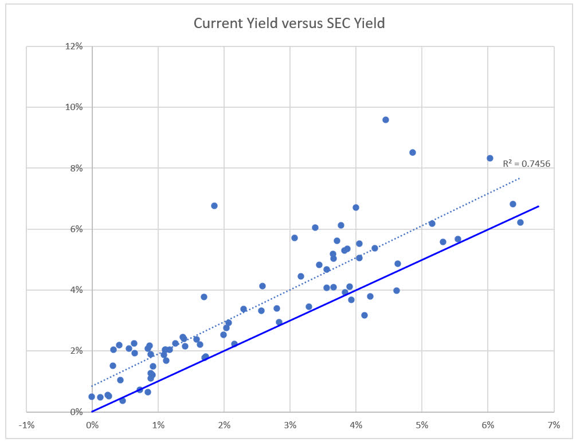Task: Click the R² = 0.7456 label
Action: (526, 163)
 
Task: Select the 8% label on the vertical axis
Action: (77, 168)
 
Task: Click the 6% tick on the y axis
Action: (77, 229)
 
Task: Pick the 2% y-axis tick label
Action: (77, 351)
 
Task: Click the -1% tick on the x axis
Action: (26, 425)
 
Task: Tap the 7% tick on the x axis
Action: (553, 425)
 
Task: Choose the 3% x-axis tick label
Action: (290, 425)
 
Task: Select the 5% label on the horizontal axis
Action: (422, 425)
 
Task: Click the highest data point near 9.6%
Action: (386, 120)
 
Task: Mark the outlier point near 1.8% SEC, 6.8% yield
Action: (214, 205)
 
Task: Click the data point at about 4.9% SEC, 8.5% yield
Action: (413, 152)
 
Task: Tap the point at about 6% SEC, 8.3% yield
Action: (490, 158)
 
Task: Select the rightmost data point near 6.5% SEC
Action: (520, 222)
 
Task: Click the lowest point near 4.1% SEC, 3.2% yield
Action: (365, 315)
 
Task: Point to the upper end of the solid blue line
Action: (538, 206)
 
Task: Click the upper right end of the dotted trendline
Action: (519, 178)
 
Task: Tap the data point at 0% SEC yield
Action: (92, 397)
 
